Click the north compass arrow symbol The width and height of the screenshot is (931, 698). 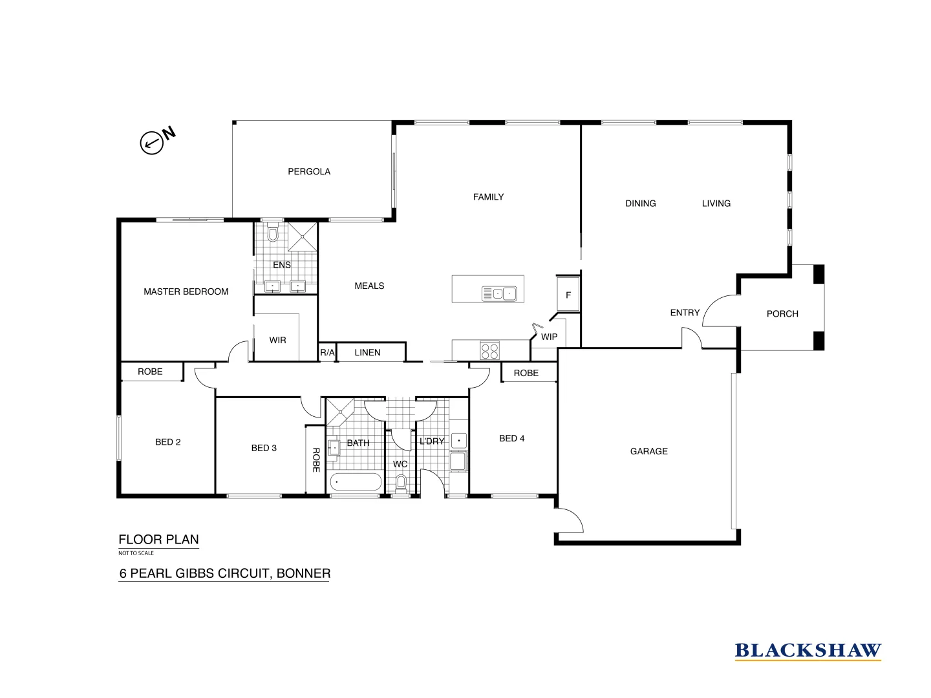(x=151, y=142)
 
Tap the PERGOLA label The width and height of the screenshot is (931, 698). (x=309, y=171)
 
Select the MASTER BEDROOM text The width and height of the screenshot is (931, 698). (x=186, y=291)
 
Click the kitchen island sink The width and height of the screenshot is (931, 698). (x=499, y=294)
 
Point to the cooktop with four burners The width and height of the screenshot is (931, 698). (x=489, y=350)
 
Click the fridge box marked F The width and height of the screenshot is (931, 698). (x=568, y=295)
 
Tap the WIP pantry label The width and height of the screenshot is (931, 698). (x=549, y=337)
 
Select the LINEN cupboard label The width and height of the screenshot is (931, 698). (x=367, y=352)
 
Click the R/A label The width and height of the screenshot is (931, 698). (x=327, y=352)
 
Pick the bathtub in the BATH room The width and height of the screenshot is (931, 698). (x=356, y=482)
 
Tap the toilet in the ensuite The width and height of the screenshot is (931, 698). (x=273, y=234)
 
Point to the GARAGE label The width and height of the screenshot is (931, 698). (x=648, y=451)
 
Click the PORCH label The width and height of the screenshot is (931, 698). (x=782, y=313)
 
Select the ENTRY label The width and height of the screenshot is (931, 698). (x=685, y=313)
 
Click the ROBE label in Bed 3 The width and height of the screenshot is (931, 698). (x=316, y=460)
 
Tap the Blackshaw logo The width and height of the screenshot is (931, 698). (x=808, y=651)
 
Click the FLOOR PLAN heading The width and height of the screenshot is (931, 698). (x=158, y=540)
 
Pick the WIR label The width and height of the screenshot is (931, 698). (x=277, y=340)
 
